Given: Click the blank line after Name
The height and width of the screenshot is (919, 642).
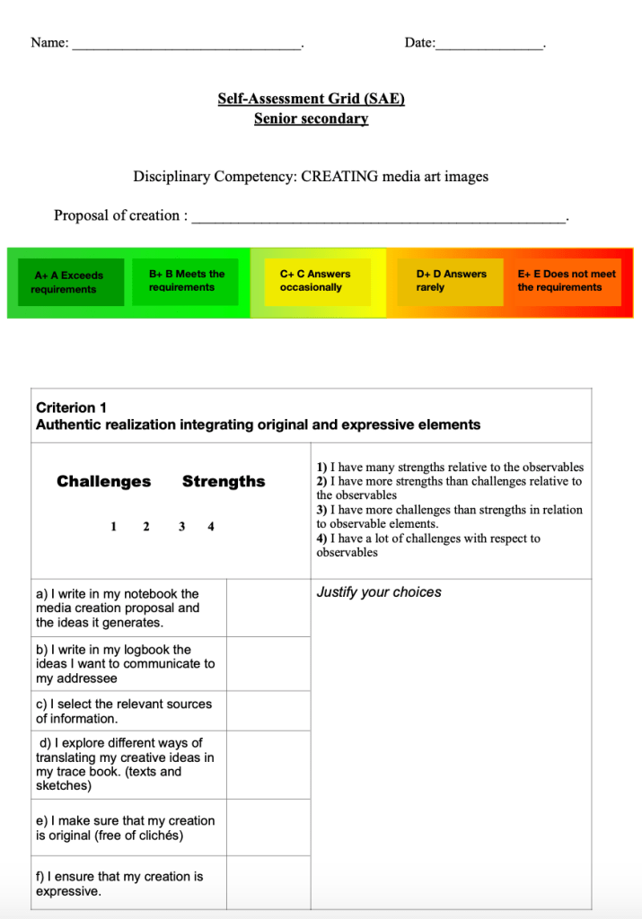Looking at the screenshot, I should [187, 45].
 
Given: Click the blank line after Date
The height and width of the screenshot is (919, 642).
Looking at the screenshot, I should [489, 45].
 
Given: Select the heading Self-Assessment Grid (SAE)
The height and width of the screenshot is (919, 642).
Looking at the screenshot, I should [311, 99].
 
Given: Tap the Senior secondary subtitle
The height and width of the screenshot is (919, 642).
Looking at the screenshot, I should [311, 118].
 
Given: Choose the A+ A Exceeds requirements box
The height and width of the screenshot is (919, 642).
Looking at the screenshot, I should [71, 283].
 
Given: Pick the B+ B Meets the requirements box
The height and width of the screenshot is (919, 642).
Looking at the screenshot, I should [188, 281].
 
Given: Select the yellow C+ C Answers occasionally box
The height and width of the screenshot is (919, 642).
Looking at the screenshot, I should [317, 281].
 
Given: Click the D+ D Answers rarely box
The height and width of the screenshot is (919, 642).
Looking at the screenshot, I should [450, 281].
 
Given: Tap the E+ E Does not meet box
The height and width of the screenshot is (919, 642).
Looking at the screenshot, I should [567, 281].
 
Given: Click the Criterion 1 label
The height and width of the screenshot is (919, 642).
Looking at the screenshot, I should [71, 407].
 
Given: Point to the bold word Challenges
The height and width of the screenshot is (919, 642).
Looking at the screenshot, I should [104, 482].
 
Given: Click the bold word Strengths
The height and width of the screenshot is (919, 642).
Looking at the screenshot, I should [224, 482].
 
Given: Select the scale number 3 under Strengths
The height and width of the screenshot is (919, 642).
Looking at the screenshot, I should [181, 527].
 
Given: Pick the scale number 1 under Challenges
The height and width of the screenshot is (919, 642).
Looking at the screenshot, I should [113, 527].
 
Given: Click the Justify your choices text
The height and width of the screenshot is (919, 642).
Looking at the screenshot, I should [379, 592].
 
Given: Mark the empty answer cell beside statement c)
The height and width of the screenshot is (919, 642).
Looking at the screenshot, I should [268, 711].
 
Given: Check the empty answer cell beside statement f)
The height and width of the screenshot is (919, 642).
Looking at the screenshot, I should [268, 883].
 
